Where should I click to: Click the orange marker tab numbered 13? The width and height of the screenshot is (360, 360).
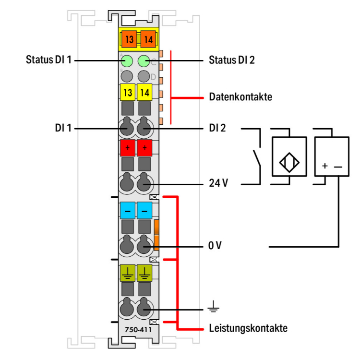[x=129, y=39]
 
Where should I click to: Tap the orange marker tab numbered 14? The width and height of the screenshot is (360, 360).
[x=148, y=39]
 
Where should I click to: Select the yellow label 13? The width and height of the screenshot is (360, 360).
[x=128, y=92]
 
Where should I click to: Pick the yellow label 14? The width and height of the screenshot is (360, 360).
[x=144, y=92]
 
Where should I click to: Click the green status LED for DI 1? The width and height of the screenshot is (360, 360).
[x=127, y=61]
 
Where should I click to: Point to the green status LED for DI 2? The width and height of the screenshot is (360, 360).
[x=144, y=61]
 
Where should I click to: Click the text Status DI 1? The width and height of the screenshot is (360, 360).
[x=48, y=60]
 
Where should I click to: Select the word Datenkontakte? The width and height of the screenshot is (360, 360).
[x=240, y=97]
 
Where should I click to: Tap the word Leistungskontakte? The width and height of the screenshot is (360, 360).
[x=248, y=328]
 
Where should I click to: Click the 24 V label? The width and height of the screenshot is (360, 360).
[x=218, y=183]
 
